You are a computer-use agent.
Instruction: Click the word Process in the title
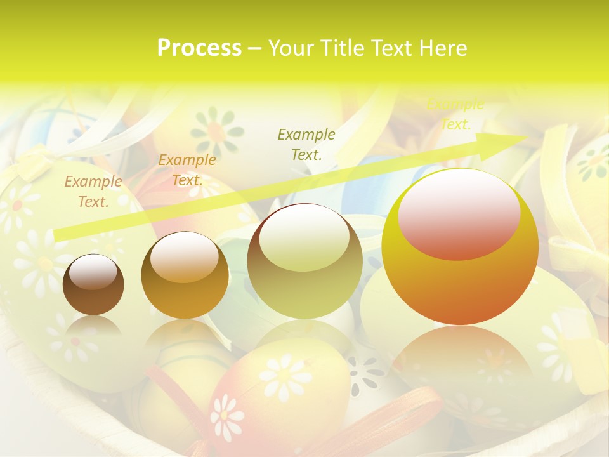[x=199, y=48]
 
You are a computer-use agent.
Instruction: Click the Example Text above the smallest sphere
[x=93, y=192]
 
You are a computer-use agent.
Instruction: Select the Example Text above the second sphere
[x=187, y=170]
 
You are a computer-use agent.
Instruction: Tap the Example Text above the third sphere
[x=306, y=144]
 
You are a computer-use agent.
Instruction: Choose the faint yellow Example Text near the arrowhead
[x=455, y=115]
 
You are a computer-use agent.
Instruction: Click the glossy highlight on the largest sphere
[x=459, y=214]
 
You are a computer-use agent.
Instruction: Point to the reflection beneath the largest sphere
[x=460, y=355]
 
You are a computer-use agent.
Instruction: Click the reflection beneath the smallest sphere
[x=93, y=327]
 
